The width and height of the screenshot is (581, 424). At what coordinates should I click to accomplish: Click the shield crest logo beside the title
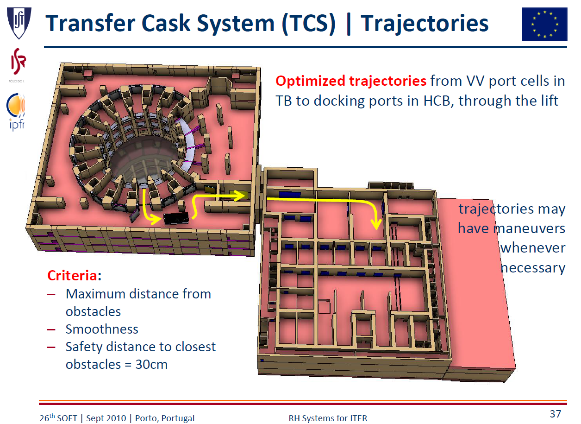coord(19,23)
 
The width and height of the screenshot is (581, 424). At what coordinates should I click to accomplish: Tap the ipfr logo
coord(16,112)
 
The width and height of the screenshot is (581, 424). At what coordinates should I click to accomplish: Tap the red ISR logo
coord(18,62)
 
